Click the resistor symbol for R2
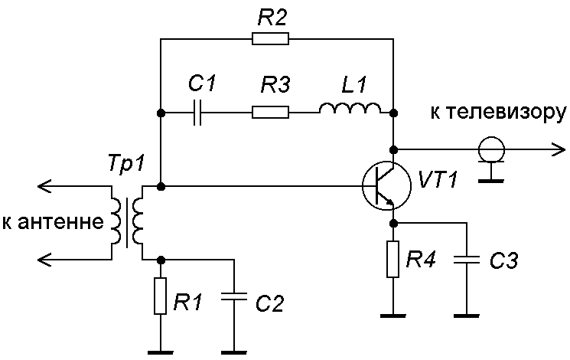pyautogui.click(x=269, y=38)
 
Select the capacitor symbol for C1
pyautogui.click(x=198, y=113)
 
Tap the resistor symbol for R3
pyautogui.click(x=270, y=113)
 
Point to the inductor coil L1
pyautogui.click(x=350, y=111)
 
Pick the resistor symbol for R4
pyautogui.click(x=393, y=260)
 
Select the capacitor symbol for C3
pyautogui.click(x=465, y=260)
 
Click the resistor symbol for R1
pyautogui.click(x=160, y=296)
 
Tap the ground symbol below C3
pyautogui.click(x=465, y=314)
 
